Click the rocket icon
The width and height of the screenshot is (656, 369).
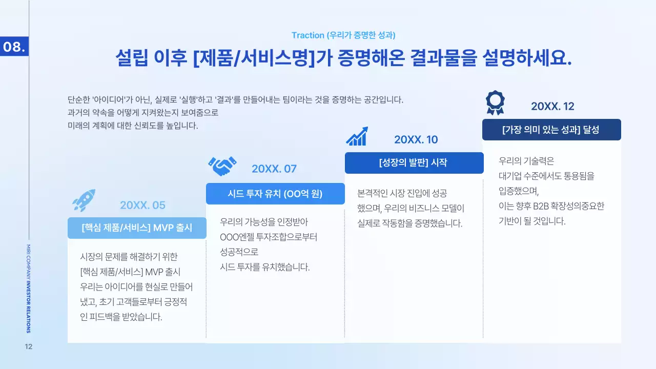coord(84,200)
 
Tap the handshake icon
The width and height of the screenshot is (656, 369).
coord(222,166)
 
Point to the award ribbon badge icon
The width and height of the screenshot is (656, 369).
coord(495,102)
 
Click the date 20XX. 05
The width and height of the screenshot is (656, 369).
coord(142,206)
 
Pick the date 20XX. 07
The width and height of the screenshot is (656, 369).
coord(274,169)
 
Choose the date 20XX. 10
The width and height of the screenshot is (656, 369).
coord(416,140)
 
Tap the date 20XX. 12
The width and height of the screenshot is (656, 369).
coord(552,107)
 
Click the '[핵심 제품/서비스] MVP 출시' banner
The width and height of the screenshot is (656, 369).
coord(137,228)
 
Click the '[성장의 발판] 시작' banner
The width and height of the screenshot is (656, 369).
coord(414,163)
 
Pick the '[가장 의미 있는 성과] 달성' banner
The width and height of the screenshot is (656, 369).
coord(551,130)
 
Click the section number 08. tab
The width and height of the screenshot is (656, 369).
coord(14,47)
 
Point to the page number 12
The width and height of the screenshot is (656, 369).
coord(29,347)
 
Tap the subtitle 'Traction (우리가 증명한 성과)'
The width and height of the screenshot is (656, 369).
coord(343,35)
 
